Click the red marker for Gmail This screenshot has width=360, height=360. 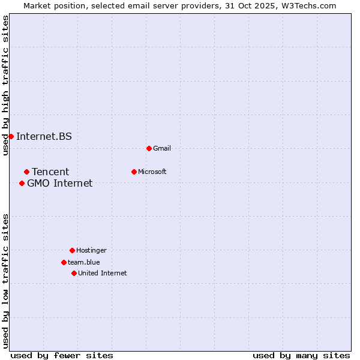pos(149,148)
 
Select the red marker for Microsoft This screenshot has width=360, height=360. pos(134,172)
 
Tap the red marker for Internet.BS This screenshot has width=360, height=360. pos(11,136)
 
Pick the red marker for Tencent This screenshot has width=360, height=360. pos(26,172)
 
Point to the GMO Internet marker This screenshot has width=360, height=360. pos(22,183)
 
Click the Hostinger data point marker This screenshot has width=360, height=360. pos(72,250)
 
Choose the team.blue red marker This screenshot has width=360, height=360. pos(64,262)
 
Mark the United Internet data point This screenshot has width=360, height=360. pos(74,273)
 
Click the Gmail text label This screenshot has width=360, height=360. pos(162,148)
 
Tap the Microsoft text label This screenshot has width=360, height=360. pos(152,172)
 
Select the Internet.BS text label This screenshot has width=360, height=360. pos(44,136)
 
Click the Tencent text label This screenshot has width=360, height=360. pos(50,172)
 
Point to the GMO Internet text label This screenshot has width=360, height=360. pos(60,184)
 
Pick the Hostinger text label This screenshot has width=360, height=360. pos(91,250)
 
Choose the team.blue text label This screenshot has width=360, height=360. pos(84,262)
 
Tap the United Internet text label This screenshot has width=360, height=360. pos(103,273)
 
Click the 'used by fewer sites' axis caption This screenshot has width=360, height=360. pos(62,355)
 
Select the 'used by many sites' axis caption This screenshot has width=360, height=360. pos(301,355)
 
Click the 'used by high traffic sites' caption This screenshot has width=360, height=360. pos(5,86)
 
